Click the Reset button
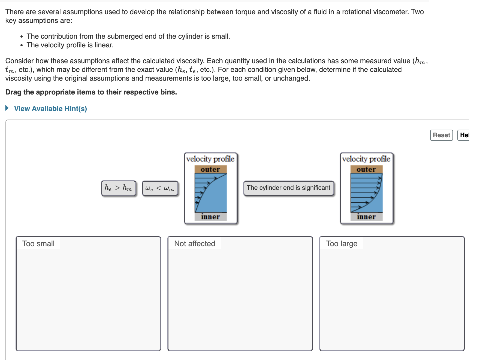pos(441,135)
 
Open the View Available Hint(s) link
pos(50,109)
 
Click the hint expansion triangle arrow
pos(7,108)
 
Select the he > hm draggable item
pos(118,188)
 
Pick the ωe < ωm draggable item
pos(160,188)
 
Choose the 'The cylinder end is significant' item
pos(288,188)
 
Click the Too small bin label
pos(38,243)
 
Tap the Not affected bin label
pos(195,243)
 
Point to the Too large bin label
pos(342,243)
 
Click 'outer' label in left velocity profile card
pos(210,169)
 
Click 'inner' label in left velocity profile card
pos(210,217)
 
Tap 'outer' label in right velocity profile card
pos(366,169)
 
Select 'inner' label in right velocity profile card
pos(366,217)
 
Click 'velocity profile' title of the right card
pos(366,159)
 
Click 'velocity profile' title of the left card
pos(210,159)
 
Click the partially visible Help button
pos(464,135)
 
